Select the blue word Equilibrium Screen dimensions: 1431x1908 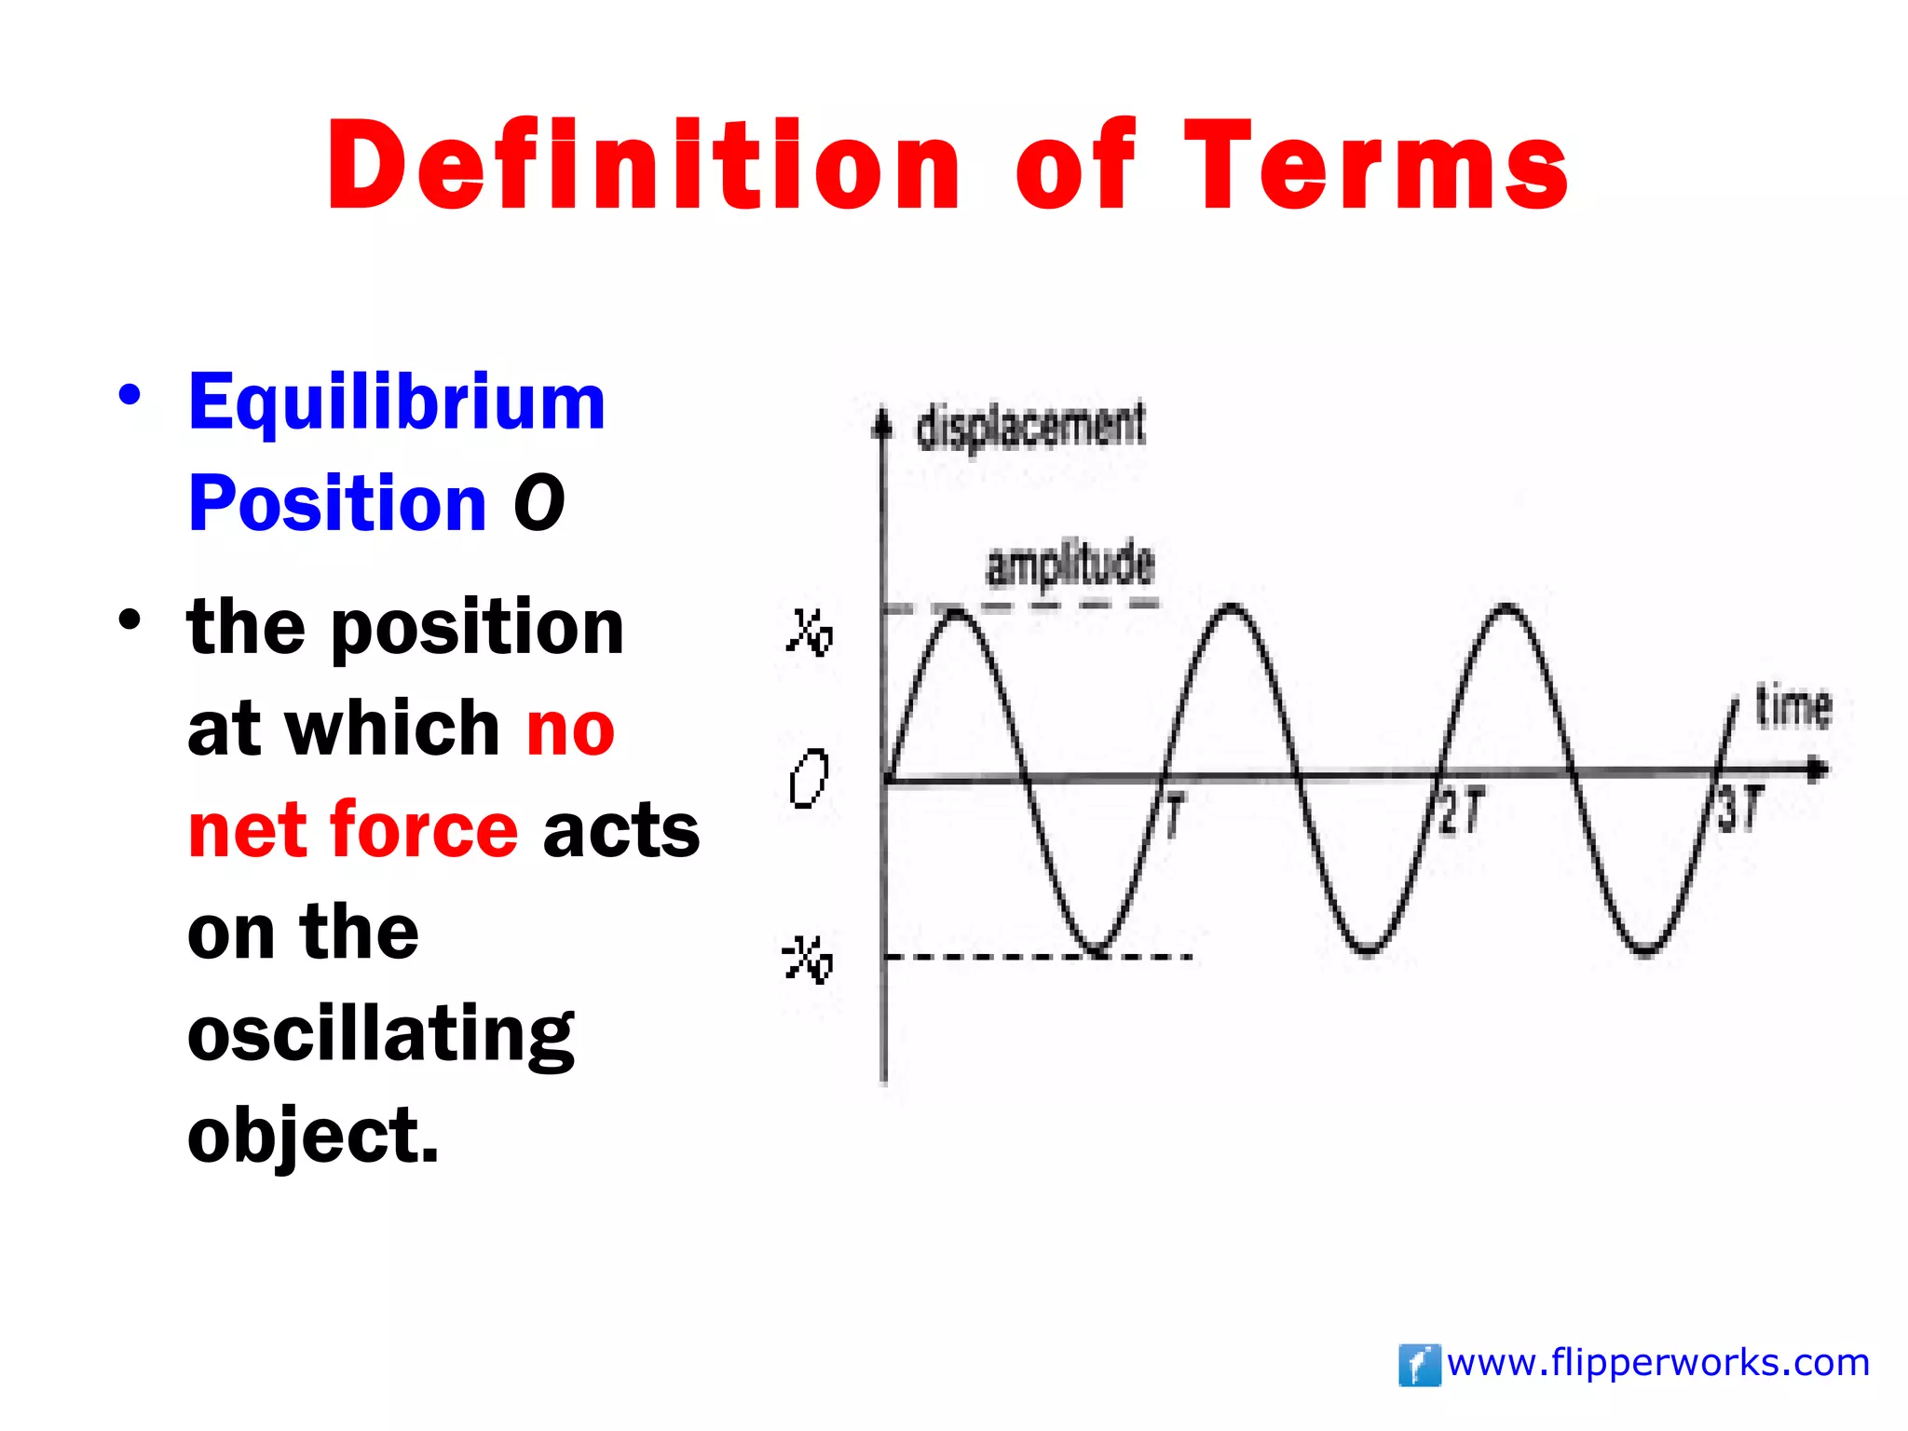point(397,402)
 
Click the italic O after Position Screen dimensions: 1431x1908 point(538,503)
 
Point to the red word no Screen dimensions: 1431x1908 point(570,729)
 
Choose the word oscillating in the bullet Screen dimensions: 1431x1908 point(380,1034)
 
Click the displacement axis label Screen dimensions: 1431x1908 point(1030,427)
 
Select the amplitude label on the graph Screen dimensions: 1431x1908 point(1070,565)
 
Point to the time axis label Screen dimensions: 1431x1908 point(1792,706)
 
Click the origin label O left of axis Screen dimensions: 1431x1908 point(808,779)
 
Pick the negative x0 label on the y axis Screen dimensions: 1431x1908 point(807,960)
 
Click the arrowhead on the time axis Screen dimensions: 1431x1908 point(1818,770)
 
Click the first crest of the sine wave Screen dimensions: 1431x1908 point(957,611)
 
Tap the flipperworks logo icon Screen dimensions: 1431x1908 point(1419,1365)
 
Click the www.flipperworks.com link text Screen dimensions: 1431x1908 point(1658,1363)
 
